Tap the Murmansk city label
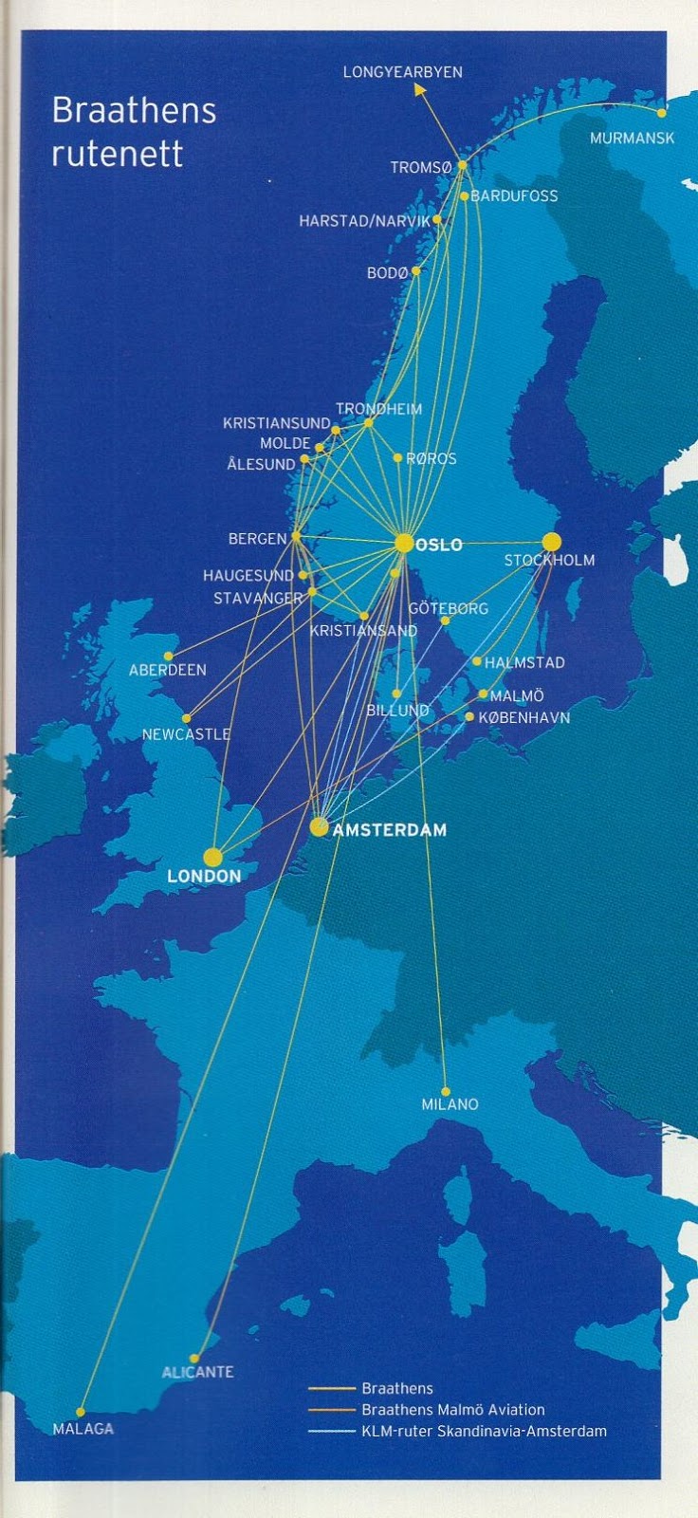tap(632, 138)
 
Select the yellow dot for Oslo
tap(405, 544)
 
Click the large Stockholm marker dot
tap(552, 542)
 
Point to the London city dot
tap(213, 857)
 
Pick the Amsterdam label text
tap(390, 830)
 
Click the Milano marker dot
tap(446, 1091)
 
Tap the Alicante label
tap(197, 1372)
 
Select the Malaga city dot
tap(81, 1412)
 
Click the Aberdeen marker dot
tap(169, 656)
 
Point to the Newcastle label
tap(186, 734)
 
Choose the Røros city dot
tap(398, 458)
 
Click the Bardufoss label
tap(514, 195)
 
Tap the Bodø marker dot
tap(416, 271)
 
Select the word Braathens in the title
tap(134, 112)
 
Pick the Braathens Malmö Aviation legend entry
tap(452, 1410)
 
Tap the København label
tap(524, 717)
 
